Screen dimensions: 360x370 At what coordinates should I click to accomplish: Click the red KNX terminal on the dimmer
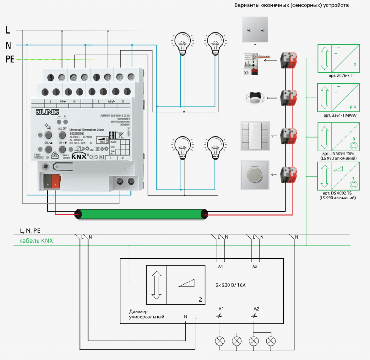(x=55, y=181)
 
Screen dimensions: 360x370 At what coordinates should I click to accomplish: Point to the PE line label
(x=10, y=60)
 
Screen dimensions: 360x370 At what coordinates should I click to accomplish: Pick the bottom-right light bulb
(x=215, y=148)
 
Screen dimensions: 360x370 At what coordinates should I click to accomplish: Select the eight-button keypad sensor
(x=255, y=136)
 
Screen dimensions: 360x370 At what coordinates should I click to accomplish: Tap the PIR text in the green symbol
(x=353, y=107)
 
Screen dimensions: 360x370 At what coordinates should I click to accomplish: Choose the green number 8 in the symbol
(x=354, y=139)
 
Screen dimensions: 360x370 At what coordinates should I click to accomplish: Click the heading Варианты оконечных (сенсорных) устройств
(x=291, y=5)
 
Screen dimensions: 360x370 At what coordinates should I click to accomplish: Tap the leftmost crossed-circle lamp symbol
(x=220, y=341)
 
